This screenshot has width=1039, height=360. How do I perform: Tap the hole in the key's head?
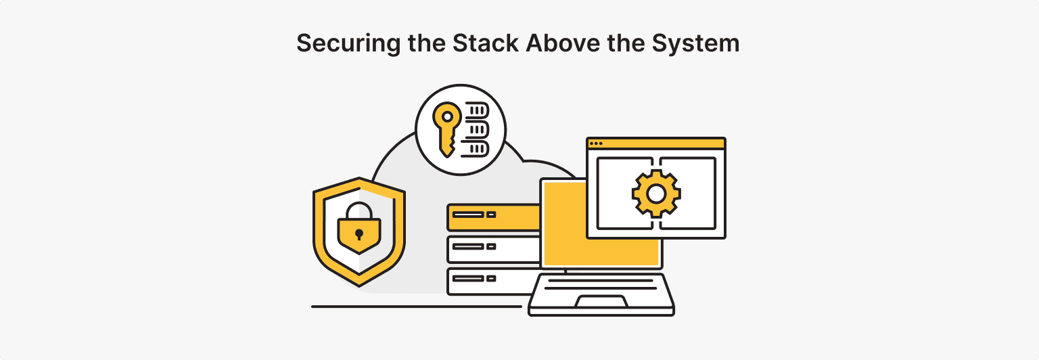pyautogui.click(x=446, y=116)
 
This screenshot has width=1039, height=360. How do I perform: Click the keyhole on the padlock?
pyautogui.click(x=359, y=234)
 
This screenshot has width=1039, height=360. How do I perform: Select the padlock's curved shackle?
pyautogui.click(x=359, y=209)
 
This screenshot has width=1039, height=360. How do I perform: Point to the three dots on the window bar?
pyautogui.click(x=596, y=143)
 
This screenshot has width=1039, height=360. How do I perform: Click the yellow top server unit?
pyautogui.click(x=492, y=217)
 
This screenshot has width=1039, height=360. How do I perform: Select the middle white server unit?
pyautogui.click(x=492, y=249)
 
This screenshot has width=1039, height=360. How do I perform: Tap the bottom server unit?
pyautogui.click(x=492, y=280)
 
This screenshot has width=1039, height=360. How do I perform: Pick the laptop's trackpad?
pyautogui.click(x=601, y=302)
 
